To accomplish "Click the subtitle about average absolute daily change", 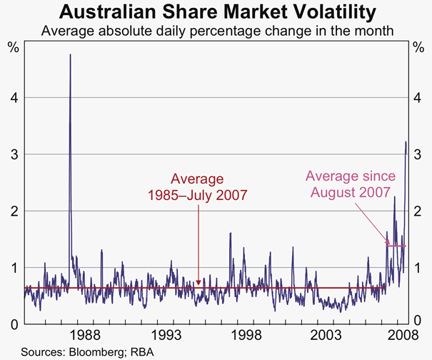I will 216,31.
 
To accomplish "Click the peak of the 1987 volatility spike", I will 70,55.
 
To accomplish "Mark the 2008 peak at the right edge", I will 406,142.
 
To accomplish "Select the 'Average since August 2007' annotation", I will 348,184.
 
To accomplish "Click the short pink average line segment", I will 396,246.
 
